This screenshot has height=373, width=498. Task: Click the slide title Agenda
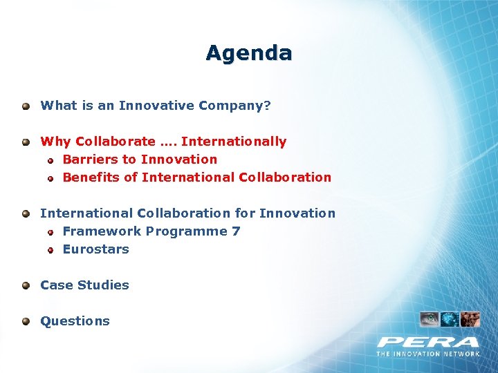(248, 52)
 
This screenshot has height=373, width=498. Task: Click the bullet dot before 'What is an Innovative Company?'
(26, 106)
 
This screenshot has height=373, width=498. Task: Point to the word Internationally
(233, 142)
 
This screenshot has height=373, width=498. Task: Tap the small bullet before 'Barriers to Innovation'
(50, 160)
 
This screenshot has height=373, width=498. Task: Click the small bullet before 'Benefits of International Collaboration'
(50, 178)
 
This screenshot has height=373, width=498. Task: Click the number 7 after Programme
(237, 231)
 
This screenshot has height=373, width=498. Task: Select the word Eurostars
(95, 249)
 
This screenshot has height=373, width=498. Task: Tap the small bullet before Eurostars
(50, 250)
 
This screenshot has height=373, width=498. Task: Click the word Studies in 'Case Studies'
(104, 285)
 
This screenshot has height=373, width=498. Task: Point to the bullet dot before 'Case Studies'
(26, 285)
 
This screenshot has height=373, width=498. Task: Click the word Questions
(75, 321)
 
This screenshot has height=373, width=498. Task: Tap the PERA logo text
(428, 342)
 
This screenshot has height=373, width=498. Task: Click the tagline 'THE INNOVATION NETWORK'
(428, 354)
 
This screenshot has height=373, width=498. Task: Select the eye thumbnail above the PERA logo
(429, 319)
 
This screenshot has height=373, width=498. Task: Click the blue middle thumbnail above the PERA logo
(450, 319)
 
